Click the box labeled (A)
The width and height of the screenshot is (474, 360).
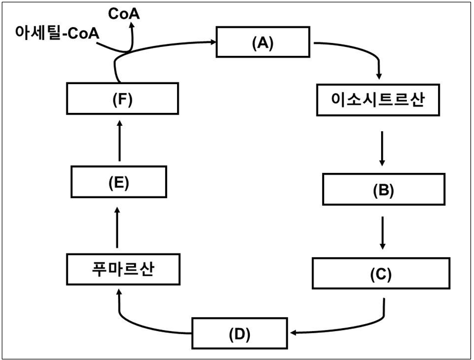pyautogui.click(x=263, y=42)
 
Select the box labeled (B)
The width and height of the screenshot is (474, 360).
pyautogui.click(x=382, y=190)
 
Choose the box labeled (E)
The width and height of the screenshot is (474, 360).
pyautogui.click(x=118, y=182)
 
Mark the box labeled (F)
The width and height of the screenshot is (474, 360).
pyautogui.click(x=122, y=99)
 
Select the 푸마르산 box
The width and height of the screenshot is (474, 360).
pyautogui.click(x=122, y=270)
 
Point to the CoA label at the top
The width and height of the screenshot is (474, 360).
pyautogui.click(x=123, y=12)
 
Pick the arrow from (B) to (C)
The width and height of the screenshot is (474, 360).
pyautogui.click(x=383, y=232)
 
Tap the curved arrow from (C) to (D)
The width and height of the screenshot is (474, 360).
pyautogui.click(x=376, y=321)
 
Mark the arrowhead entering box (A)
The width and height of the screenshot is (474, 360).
pyautogui.click(x=212, y=42)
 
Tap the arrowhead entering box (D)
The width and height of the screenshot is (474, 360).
pyautogui.click(x=292, y=333)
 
